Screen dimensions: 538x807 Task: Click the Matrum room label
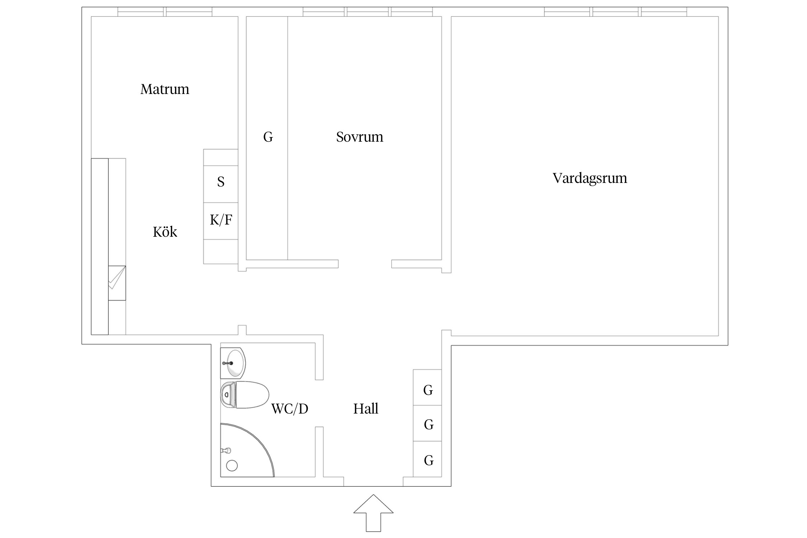165,89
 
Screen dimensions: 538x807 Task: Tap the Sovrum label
359,137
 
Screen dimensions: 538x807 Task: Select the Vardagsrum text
590,178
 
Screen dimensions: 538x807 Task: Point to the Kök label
165,232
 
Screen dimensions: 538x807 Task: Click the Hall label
365,409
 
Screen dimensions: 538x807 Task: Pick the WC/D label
289,409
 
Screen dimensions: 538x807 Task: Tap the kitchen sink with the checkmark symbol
117,283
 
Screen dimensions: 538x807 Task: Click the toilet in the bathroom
245,395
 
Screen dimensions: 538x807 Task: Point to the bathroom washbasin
233,363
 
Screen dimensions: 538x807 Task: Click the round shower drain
232,466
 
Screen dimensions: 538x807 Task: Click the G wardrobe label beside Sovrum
268,137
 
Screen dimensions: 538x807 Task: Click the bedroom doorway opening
365,264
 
